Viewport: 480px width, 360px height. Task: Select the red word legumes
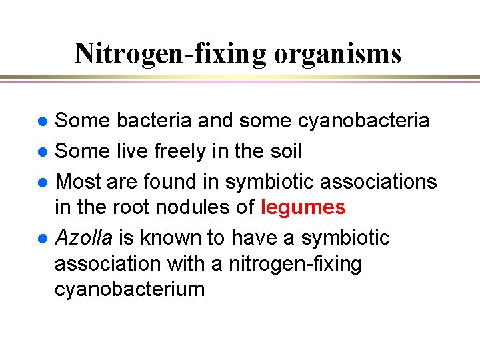303,208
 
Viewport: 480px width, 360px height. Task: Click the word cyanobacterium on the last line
129,290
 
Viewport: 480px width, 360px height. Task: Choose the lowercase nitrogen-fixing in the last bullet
295,264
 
